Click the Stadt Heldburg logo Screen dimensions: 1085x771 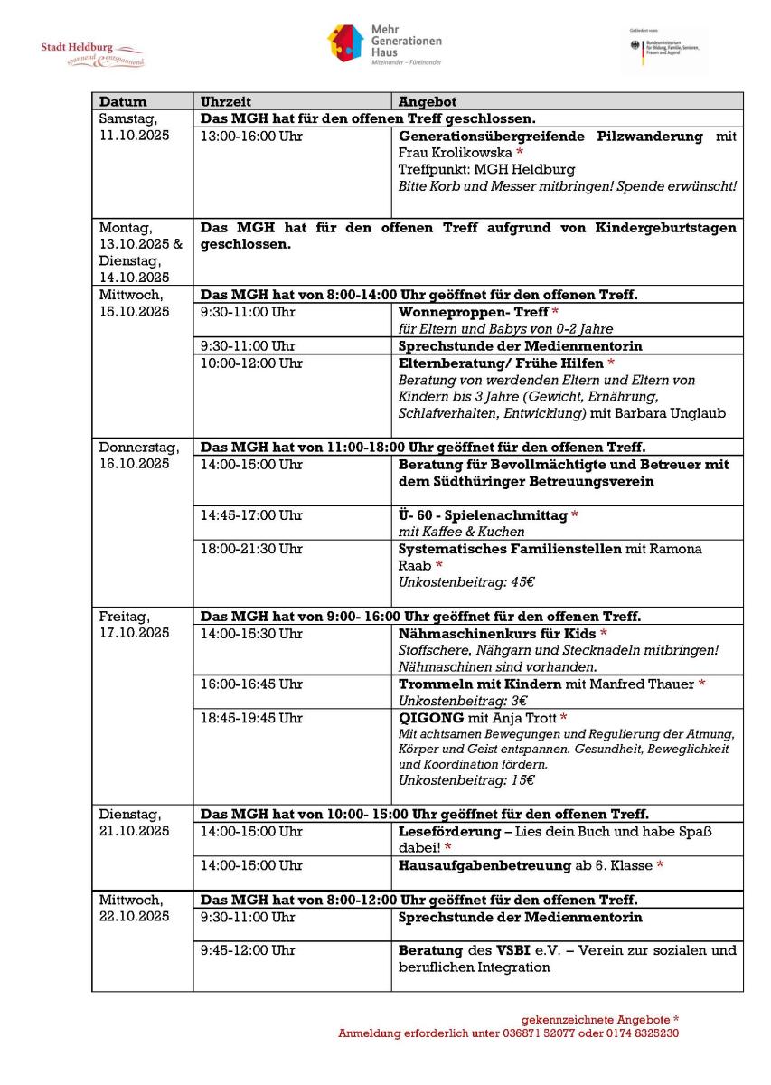tap(92, 53)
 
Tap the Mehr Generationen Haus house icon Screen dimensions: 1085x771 tap(344, 43)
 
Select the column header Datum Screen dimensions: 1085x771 tap(123, 101)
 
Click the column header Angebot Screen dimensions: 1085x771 tap(428, 101)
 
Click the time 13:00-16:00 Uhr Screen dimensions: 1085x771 tap(251, 136)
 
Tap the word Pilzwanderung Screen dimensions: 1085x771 tap(650, 136)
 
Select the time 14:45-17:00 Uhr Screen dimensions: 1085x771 tap(251, 515)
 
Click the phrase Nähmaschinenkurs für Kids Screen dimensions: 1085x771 tap(497, 634)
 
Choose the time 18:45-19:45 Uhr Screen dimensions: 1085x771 tap(251, 718)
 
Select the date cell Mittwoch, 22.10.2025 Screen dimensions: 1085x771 tap(134, 909)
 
